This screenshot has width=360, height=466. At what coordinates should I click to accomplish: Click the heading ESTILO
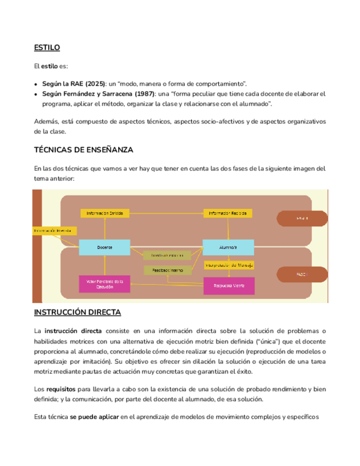47,48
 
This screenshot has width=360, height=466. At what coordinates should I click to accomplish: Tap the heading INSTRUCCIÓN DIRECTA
77,312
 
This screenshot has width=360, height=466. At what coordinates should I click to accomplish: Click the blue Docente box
104,248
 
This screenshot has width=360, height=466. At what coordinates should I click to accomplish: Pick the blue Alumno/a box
228,248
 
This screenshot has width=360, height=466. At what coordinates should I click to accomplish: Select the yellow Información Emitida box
105,213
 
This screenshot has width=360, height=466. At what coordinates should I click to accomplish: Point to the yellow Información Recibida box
228,213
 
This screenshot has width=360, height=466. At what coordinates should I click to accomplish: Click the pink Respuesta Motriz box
229,285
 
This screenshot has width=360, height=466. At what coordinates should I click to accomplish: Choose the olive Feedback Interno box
168,270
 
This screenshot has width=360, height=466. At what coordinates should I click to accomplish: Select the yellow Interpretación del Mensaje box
229,265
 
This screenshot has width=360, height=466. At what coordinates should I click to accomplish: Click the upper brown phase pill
301,218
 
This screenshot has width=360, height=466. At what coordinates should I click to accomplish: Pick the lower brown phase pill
301,273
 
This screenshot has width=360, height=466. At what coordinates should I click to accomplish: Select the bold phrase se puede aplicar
95,417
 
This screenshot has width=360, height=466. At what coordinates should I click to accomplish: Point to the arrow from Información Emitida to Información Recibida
167,213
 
